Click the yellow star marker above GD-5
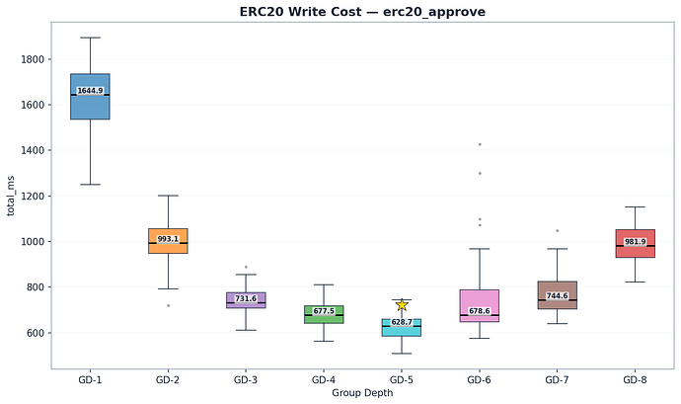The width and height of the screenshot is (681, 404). point(402,305)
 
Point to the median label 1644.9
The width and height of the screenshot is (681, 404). point(90,91)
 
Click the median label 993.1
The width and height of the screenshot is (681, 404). point(168,239)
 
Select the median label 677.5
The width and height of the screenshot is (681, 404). point(324,311)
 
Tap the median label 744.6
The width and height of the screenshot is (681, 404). point(558,296)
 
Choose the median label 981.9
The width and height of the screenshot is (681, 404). point(635,242)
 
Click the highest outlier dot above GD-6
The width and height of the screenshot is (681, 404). point(480,144)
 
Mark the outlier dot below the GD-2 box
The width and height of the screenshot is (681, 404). point(168,305)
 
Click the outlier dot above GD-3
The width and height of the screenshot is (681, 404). point(246,267)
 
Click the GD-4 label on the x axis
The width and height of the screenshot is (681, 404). point(324,379)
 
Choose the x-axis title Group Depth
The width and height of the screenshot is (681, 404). point(362,392)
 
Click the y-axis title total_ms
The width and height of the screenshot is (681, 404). point(12,197)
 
